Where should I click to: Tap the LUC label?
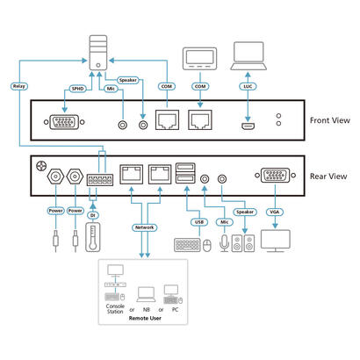coord(248,87)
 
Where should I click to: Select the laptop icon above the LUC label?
coord(248,57)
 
